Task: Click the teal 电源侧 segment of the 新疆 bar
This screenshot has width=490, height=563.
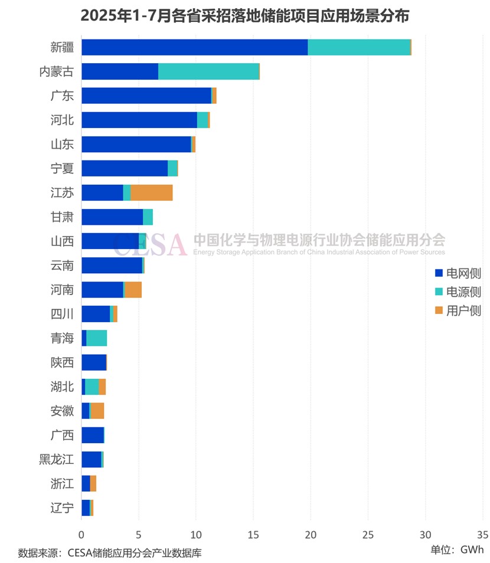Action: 359,47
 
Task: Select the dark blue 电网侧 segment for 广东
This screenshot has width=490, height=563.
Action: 146,96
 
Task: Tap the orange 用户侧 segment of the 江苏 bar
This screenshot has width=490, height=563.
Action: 151,192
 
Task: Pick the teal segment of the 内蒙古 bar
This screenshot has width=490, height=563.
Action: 208,71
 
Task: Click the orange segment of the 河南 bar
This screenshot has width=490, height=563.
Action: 133,290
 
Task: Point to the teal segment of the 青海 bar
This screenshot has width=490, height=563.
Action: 96,338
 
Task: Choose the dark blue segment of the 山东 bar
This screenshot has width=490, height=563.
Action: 136,144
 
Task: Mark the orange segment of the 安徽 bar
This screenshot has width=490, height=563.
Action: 97,411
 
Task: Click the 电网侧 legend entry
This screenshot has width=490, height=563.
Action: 458,273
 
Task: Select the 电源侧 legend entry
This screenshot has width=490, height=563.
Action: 458,292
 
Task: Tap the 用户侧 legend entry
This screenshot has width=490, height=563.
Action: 458,310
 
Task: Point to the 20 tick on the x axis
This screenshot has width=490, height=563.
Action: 311,535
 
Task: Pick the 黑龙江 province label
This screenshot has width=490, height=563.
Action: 56,459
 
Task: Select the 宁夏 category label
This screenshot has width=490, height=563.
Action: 62,168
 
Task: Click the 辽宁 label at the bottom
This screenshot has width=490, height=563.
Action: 62,508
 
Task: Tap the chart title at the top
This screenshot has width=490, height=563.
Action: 244,15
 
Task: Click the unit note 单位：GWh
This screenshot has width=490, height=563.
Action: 457,549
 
